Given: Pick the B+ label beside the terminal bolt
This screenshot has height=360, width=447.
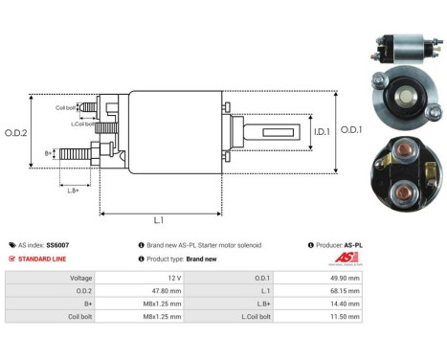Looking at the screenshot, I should tap(49, 153).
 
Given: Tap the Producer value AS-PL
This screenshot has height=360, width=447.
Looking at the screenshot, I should tap(352, 245).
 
